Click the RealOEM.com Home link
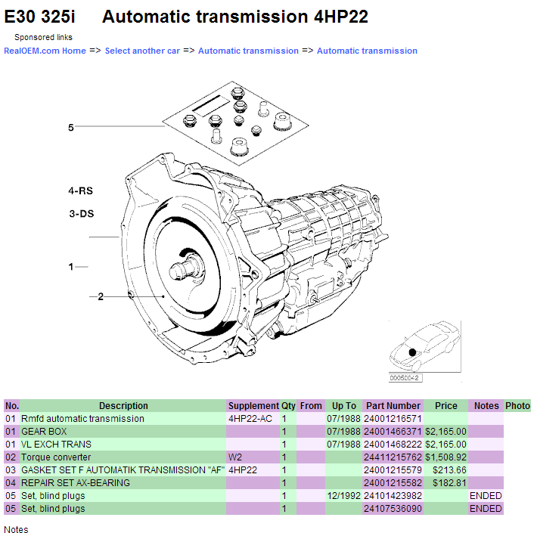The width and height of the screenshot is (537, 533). coord(45,51)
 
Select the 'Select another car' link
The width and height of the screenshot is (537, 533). coord(142,51)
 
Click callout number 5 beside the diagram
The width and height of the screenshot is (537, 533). coord(71,128)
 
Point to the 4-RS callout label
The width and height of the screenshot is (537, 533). coord(80,191)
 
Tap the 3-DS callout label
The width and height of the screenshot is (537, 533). coord(81,214)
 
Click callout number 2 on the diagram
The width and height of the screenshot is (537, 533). coord(100,296)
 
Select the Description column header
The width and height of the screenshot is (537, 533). coord(123,406)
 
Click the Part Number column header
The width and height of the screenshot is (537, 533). coord(393,406)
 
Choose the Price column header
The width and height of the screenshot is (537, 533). coord(445,406)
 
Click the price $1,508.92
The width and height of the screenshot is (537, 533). coord(445,457)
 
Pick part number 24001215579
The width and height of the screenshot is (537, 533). coord(393,470)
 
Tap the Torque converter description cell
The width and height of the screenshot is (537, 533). coord(56,457)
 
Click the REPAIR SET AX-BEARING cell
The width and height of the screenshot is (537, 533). coord(75,483)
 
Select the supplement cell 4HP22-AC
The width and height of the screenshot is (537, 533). coord(251,419)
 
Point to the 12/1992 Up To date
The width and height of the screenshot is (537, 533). coord(343,496)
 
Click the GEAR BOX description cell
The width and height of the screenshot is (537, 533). coord(44,432)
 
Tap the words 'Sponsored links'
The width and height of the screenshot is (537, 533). coord(43,37)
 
